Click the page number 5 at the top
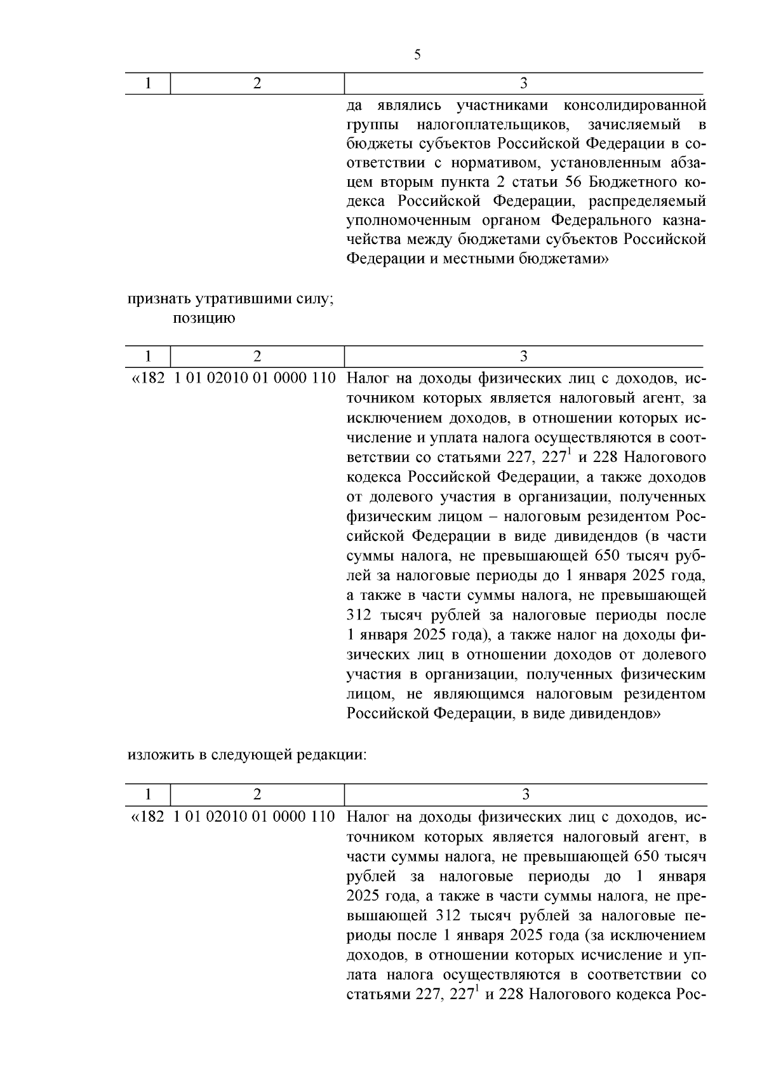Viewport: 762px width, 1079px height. click(417, 55)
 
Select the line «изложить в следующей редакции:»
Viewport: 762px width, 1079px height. click(247, 755)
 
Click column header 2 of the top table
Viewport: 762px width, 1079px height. click(257, 84)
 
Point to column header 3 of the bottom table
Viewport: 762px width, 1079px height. click(525, 794)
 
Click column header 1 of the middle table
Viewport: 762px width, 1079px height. click(148, 356)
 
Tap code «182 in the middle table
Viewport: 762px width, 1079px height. click(148, 378)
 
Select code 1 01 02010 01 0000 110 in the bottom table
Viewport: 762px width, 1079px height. click(254, 816)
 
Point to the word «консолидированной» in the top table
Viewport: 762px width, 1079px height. click(644, 104)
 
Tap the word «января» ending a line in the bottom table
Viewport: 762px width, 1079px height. click(681, 876)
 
